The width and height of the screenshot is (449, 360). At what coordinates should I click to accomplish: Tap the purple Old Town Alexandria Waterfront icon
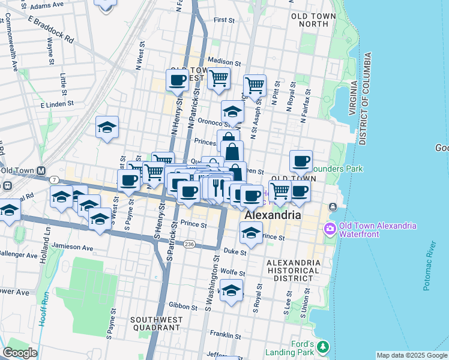(329, 229)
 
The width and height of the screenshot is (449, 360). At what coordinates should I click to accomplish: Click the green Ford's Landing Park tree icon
(324, 347)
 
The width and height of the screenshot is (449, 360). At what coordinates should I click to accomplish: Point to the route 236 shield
(190, 244)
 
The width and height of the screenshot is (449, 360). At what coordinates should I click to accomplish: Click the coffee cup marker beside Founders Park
(301, 161)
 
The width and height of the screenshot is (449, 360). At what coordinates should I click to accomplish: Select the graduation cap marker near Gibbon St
(231, 292)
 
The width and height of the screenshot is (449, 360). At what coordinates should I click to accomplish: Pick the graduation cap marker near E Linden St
(107, 128)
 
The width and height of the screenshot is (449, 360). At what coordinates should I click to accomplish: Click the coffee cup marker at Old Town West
(178, 81)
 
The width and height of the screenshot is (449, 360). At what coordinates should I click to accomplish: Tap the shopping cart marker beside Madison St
(219, 77)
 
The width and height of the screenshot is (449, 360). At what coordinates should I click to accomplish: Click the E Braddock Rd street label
(50, 29)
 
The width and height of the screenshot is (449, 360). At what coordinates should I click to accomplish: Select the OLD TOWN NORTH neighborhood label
(310, 20)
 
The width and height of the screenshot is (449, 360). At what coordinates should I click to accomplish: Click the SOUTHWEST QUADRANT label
(155, 324)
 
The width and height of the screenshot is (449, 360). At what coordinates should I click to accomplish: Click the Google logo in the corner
(20, 353)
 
